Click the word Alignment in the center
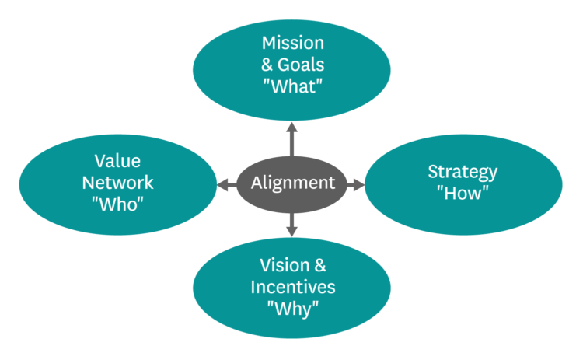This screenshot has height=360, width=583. (292, 183)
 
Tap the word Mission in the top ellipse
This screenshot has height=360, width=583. (292, 42)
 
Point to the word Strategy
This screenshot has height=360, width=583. (463, 172)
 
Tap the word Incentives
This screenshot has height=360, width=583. (292, 286)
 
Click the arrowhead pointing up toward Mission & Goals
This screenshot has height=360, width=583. (292, 126)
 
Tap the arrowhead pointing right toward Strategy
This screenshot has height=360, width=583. (358, 184)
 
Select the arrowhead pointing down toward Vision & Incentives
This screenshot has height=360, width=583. (292, 231)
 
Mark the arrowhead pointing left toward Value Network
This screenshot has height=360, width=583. (222, 184)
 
